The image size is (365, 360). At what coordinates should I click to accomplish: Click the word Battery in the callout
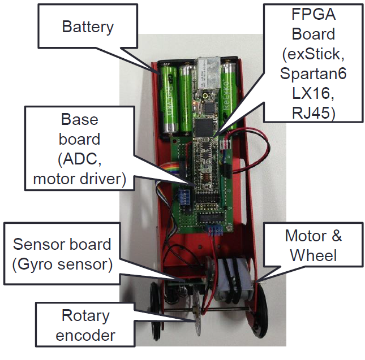[88, 28]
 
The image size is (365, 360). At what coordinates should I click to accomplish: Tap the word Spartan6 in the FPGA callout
[313, 73]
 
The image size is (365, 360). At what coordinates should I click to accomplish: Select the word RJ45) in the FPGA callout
[314, 113]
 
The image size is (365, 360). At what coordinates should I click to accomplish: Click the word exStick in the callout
[313, 54]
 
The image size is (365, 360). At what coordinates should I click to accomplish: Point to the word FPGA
[314, 14]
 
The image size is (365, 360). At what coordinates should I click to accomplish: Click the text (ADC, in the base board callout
[80, 159]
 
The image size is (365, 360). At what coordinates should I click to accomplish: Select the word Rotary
[85, 316]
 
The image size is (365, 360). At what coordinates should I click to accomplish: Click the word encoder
[85, 335]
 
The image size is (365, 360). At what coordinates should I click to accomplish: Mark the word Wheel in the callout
[314, 255]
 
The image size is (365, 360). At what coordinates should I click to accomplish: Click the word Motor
[306, 236]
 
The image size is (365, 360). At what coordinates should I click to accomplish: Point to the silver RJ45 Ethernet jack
[208, 72]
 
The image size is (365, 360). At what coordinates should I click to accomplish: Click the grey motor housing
[234, 279]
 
